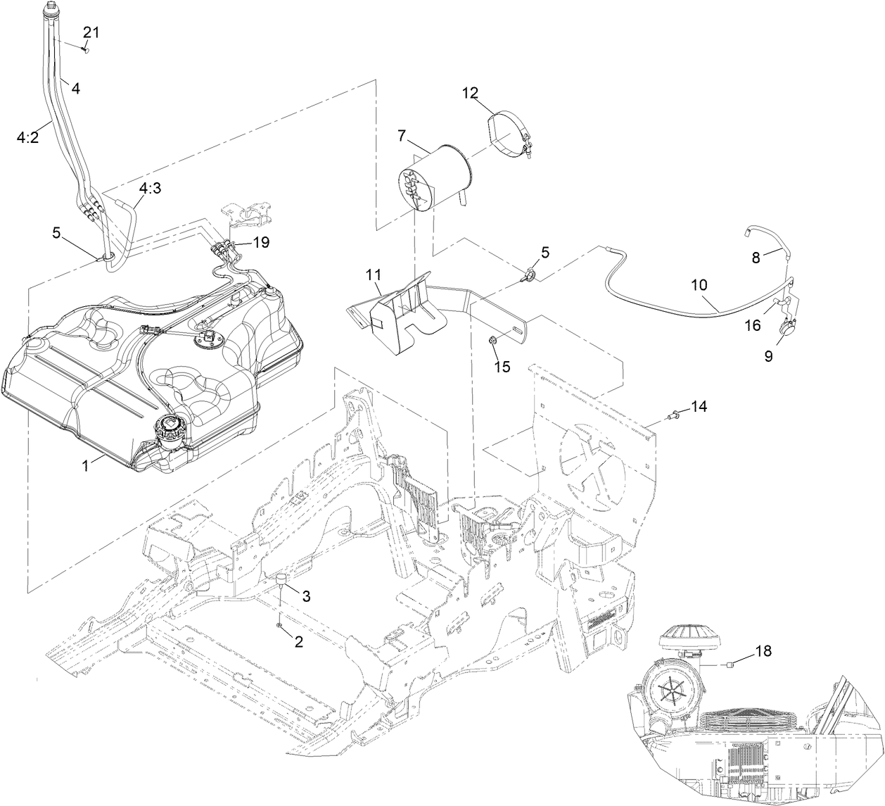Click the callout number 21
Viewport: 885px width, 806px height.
[x=92, y=32]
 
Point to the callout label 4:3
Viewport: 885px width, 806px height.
[x=151, y=189]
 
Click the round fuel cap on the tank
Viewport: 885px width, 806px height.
[x=168, y=427]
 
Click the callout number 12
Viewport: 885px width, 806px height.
[x=470, y=92]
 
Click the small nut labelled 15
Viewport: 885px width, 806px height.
[x=492, y=342]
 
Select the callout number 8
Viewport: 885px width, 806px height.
[x=756, y=258]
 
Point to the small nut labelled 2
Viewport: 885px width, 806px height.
[x=280, y=624]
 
